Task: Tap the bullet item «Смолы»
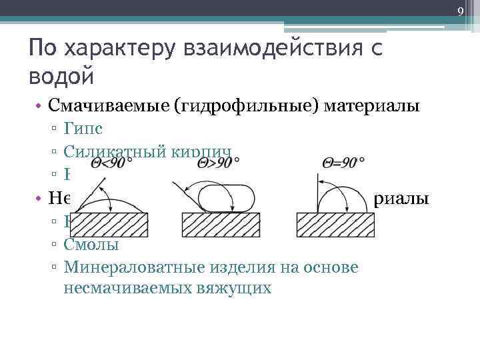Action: pyautogui.click(x=92, y=244)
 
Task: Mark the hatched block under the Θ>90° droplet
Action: pyautogui.click(x=223, y=224)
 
